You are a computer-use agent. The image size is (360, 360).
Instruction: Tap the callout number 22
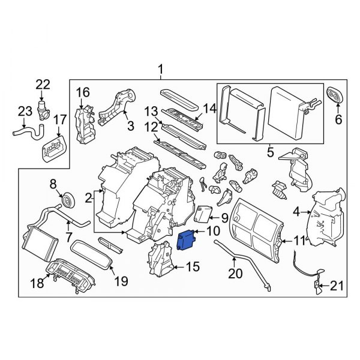pyautogui.click(x=42, y=84)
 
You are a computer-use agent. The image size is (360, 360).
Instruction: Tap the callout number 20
pyautogui.click(x=235, y=275)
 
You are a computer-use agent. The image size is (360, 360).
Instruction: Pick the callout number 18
pyautogui.click(x=38, y=283)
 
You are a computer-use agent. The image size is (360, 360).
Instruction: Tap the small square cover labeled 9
pyautogui.click(x=206, y=214)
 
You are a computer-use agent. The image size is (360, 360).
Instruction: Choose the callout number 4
pyautogui.click(x=296, y=211)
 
